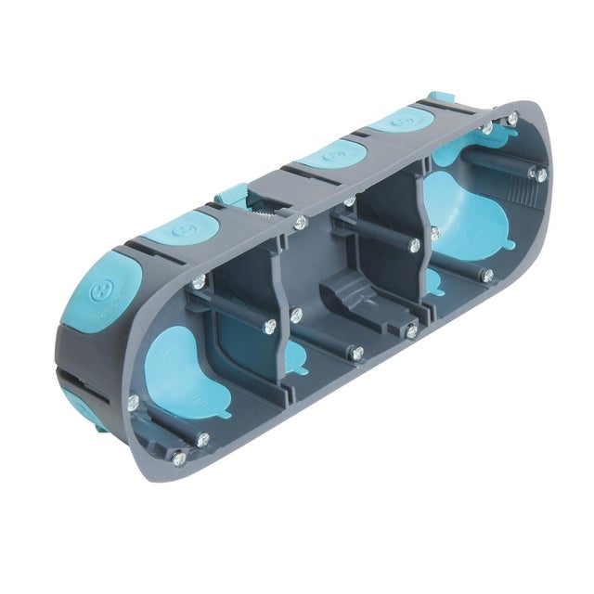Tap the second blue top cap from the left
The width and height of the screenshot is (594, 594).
(183, 227)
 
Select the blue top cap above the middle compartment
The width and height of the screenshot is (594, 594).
(332, 155)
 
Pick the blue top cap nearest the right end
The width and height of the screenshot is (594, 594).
(402, 121)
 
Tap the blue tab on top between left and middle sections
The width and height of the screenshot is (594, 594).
(232, 196)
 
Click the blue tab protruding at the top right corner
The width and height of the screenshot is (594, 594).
(440, 99)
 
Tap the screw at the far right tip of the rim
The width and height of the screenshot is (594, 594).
(540, 174)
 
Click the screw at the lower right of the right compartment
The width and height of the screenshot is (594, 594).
(485, 275)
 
